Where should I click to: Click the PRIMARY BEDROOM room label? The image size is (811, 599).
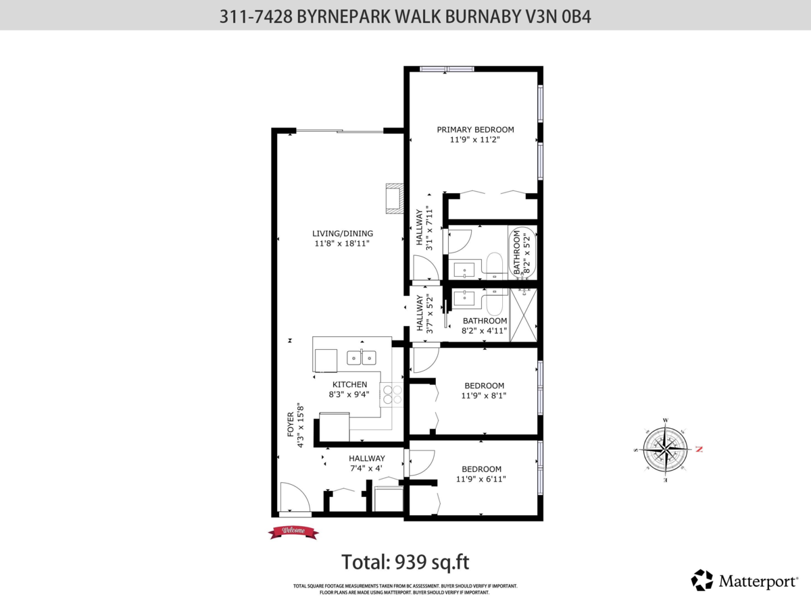pyautogui.click(x=475, y=130)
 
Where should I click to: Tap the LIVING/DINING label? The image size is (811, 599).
pyautogui.click(x=343, y=234)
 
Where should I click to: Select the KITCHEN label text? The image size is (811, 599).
pyautogui.click(x=349, y=384)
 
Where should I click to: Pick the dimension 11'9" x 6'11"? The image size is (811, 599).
pyautogui.click(x=481, y=479)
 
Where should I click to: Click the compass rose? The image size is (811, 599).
pyautogui.click(x=666, y=449)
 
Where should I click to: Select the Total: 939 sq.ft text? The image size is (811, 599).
pyautogui.click(x=405, y=561)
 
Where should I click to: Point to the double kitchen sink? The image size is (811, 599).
pyautogui.click(x=362, y=357)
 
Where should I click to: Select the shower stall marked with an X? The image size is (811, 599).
pyautogui.click(x=523, y=315)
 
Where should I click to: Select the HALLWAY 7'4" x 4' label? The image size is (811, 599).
pyautogui.click(x=367, y=463)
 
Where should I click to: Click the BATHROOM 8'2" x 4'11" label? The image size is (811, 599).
pyautogui.click(x=485, y=325)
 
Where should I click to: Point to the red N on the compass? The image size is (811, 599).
pyautogui.click(x=699, y=449)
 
